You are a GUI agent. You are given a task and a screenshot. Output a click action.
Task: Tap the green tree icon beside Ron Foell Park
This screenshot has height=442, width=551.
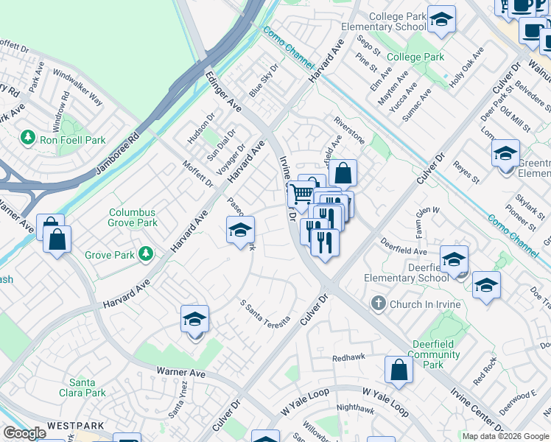click(28, 138)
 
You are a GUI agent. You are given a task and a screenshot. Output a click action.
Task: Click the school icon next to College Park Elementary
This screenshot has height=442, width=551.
click(441, 20)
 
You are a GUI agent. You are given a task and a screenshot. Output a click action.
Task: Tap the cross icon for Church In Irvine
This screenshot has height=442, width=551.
click(378, 304)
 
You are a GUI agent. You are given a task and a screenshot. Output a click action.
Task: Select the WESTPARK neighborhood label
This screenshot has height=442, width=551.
click(72, 426)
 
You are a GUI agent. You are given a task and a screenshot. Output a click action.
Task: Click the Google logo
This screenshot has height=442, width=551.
click(24, 433)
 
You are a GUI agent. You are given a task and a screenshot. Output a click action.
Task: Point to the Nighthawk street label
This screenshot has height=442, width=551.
click(355, 407)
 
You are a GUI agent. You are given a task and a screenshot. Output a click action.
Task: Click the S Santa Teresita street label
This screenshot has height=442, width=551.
click(265, 312)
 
